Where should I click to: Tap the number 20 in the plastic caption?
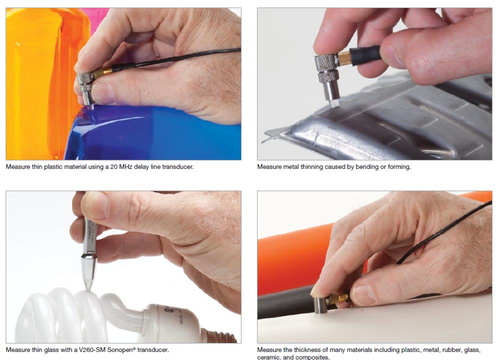113,167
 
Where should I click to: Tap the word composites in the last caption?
312,357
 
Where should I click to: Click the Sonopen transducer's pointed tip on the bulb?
87,289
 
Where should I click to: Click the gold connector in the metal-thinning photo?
344,58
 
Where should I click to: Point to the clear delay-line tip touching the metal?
333,102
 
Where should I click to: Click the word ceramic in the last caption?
268,357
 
